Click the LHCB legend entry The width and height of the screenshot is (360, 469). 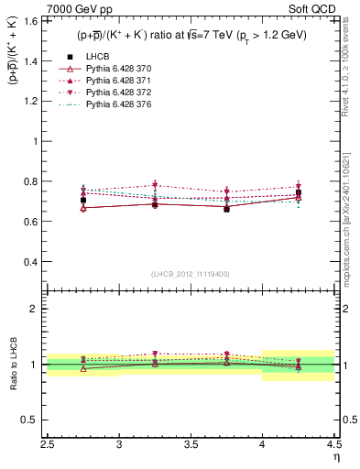(x=95, y=57)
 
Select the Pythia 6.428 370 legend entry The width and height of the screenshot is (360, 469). (x=118, y=69)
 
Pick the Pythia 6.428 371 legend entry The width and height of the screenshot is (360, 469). (x=118, y=81)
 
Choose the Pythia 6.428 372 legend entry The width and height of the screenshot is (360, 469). (x=118, y=93)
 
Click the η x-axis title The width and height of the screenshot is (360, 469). (x=335, y=457)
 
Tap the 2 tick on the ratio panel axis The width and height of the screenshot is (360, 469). (x=37, y=309)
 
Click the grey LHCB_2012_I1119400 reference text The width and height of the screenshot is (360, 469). (x=191, y=274)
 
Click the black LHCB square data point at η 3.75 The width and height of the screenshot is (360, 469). (x=226, y=209)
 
